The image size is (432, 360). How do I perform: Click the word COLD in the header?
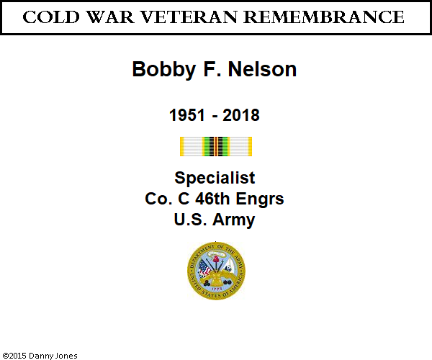point(51,17)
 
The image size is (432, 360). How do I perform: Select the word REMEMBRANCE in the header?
point(324,17)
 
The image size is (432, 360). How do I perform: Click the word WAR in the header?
point(110,17)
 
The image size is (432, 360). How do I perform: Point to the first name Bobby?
point(164,69)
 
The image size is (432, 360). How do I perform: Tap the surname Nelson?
point(262,69)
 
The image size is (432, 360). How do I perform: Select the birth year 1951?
point(187,115)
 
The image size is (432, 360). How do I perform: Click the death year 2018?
point(241,115)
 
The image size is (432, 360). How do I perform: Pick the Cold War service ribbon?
point(216,147)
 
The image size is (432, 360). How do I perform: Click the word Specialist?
point(215,178)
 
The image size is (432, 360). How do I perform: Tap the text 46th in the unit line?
point(212,199)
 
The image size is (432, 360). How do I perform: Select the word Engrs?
point(260,199)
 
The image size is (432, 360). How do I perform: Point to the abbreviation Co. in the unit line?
point(158,199)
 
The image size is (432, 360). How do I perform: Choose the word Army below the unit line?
point(233,220)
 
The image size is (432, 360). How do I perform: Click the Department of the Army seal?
point(216,271)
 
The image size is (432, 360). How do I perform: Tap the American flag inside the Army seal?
point(204,268)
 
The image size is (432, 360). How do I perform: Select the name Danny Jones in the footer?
point(53,356)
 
